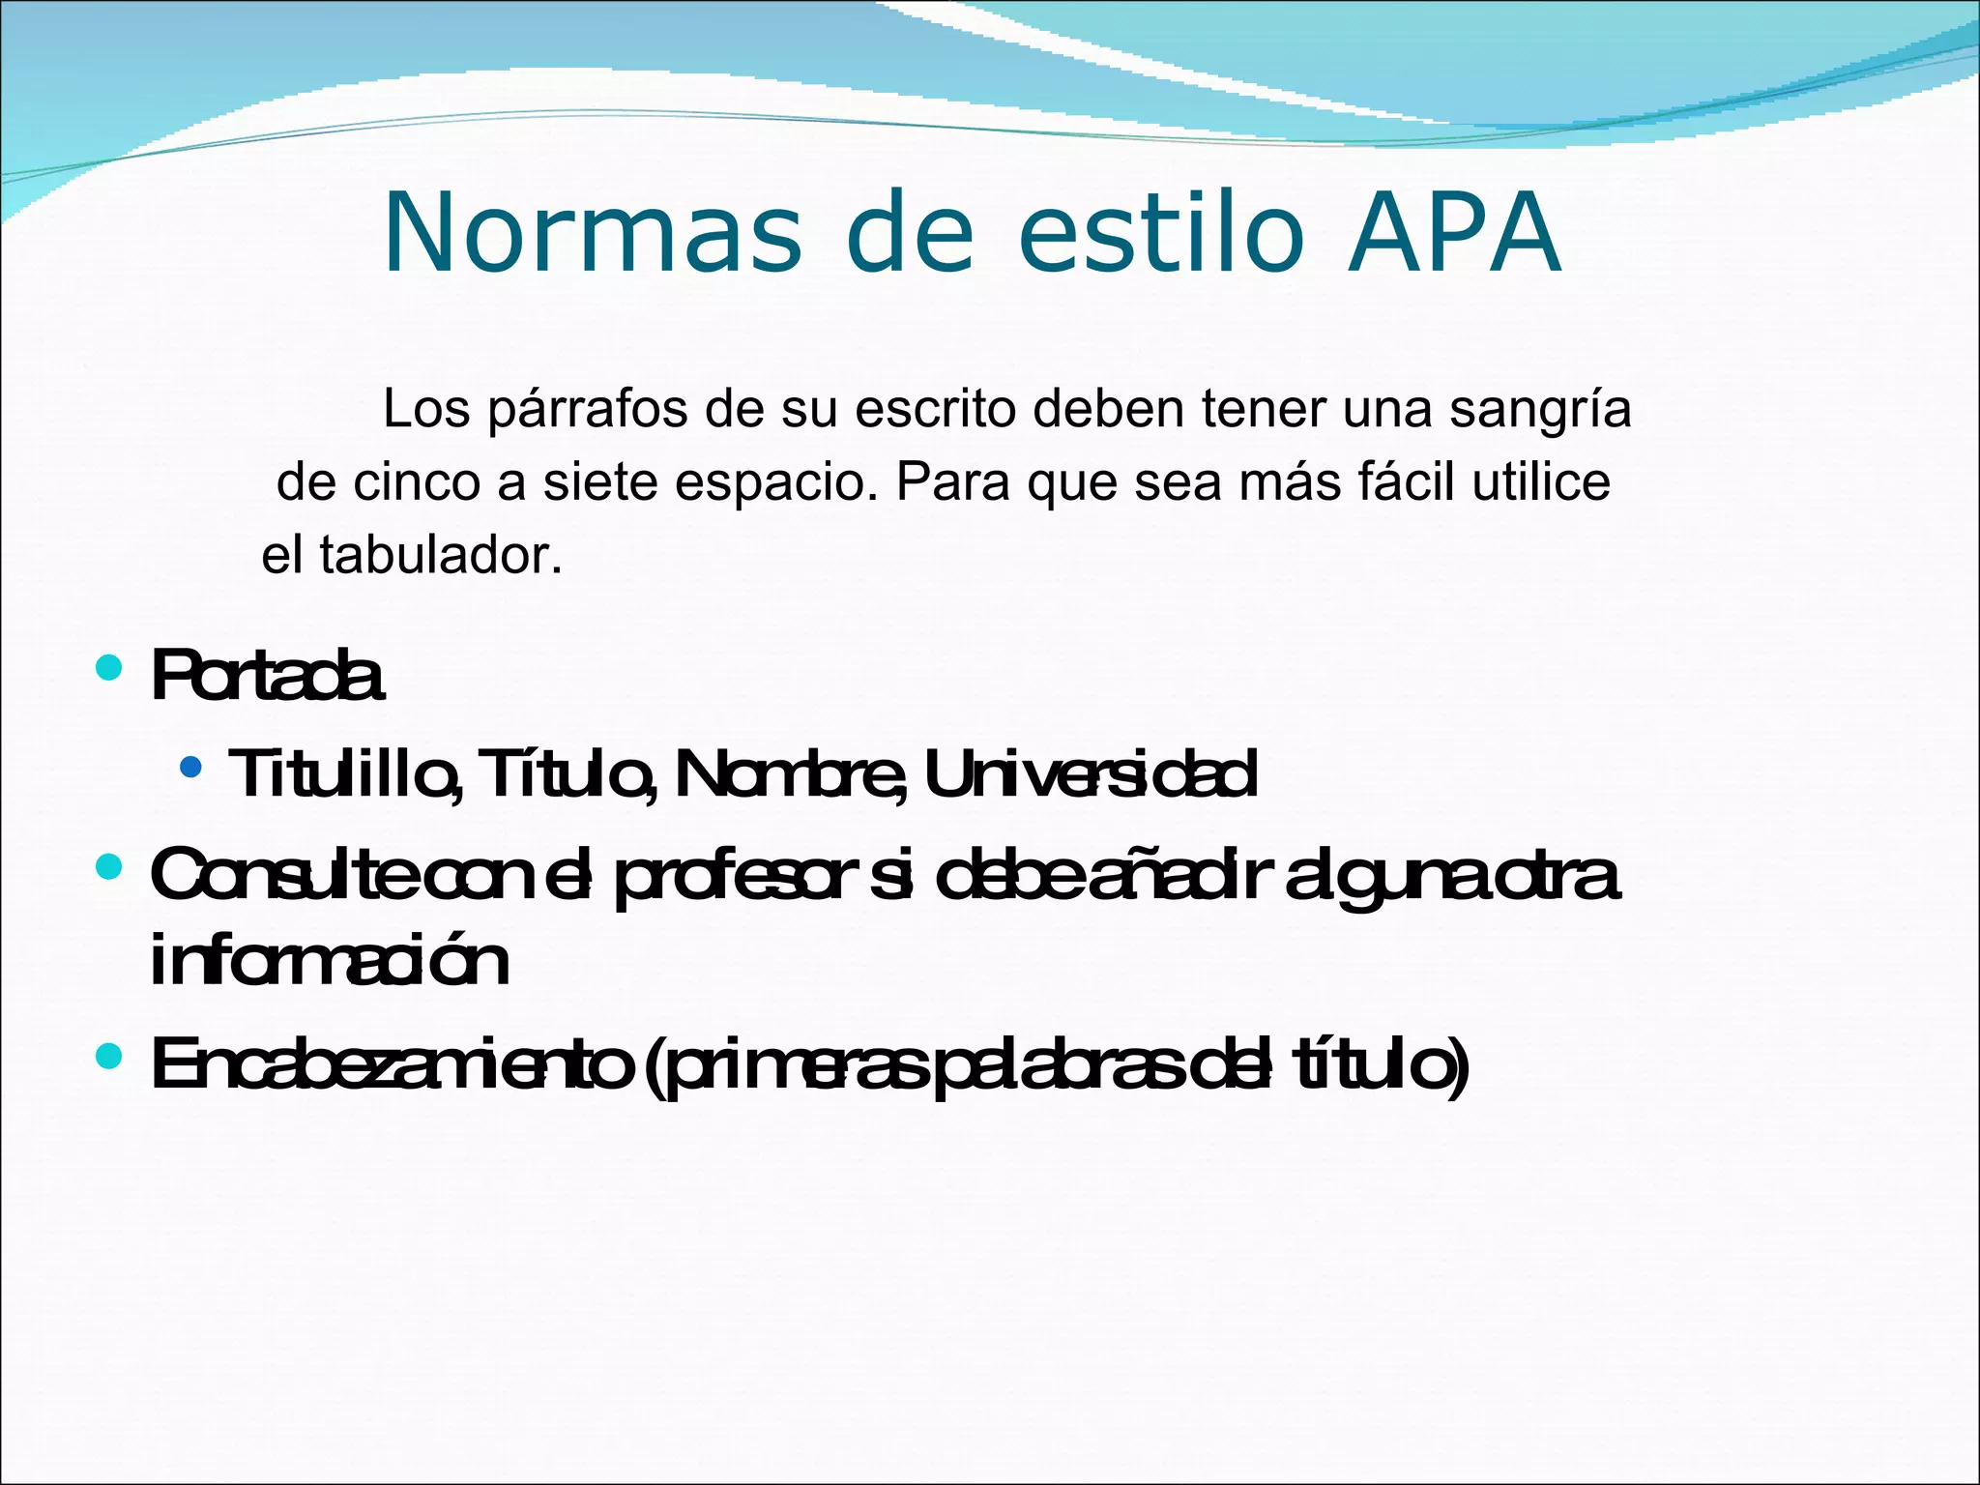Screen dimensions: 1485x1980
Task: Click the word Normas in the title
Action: (x=592, y=233)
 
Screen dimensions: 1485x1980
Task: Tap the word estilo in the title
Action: (x=1161, y=233)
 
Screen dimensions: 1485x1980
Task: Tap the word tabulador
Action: (x=440, y=556)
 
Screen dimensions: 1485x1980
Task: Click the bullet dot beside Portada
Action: (x=109, y=667)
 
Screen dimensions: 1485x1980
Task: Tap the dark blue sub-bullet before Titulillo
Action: (x=191, y=768)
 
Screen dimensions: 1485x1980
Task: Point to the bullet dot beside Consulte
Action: (x=109, y=866)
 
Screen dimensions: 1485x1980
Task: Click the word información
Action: (x=330, y=961)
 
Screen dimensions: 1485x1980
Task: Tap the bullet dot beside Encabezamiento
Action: (x=109, y=1056)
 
